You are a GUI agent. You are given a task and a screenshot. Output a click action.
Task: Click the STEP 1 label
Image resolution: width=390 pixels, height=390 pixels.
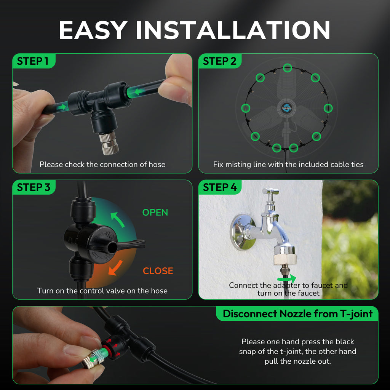(x=33, y=61)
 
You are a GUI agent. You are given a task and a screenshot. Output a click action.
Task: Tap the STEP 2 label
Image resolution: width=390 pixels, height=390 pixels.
(x=219, y=61)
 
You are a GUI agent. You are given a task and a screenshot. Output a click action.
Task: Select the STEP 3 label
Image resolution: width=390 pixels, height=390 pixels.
(x=34, y=187)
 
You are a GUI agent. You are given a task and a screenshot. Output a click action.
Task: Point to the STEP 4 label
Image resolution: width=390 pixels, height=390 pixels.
(x=220, y=187)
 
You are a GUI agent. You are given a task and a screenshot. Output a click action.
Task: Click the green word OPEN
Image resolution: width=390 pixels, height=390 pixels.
(x=155, y=213)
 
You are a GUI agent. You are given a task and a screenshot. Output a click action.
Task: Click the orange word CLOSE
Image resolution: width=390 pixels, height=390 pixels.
(x=158, y=271)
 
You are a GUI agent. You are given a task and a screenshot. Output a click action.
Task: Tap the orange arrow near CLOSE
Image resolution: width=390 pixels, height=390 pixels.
(x=115, y=268)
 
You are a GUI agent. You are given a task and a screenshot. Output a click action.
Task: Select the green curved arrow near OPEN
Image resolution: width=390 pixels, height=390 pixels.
(x=117, y=219)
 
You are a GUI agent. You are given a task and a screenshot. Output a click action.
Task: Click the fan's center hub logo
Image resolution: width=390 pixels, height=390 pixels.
(x=286, y=108)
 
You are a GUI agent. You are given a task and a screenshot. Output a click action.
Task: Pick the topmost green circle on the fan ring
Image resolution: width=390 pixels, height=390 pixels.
(x=287, y=68)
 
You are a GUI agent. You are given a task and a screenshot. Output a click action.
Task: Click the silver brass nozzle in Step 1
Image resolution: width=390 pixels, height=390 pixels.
(x=109, y=143)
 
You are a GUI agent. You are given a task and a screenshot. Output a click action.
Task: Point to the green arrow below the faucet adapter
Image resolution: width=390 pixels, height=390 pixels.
(x=287, y=278)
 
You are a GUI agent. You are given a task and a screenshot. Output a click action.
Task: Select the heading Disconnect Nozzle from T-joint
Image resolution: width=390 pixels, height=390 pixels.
(x=298, y=314)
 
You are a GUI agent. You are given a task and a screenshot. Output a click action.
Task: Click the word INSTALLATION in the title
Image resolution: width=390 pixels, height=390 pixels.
(x=233, y=30)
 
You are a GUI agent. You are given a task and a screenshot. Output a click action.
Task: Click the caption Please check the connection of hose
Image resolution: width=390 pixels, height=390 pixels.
(x=102, y=165)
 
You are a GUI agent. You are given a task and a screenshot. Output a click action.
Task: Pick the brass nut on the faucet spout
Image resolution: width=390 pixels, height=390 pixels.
(x=285, y=255)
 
